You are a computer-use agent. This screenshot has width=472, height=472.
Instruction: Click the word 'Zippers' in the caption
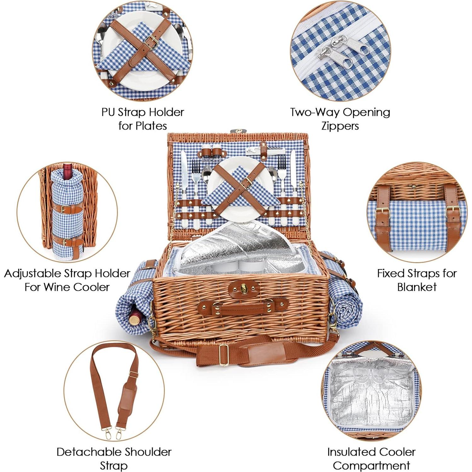(x=340, y=126)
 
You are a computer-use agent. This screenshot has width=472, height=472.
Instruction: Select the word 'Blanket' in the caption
(x=417, y=287)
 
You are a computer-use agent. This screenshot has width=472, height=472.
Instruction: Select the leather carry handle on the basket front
(x=243, y=308)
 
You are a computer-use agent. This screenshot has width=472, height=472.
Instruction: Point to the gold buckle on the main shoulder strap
(x=224, y=355)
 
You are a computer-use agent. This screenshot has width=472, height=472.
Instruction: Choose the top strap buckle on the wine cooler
(x=65, y=208)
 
